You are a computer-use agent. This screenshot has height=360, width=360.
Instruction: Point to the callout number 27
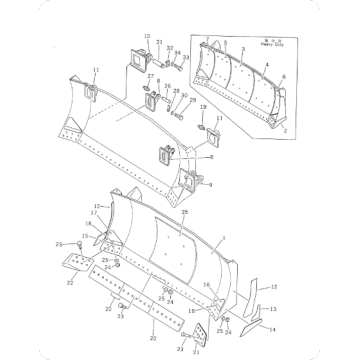(149, 77)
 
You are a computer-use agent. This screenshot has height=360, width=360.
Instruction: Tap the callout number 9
(209, 184)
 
